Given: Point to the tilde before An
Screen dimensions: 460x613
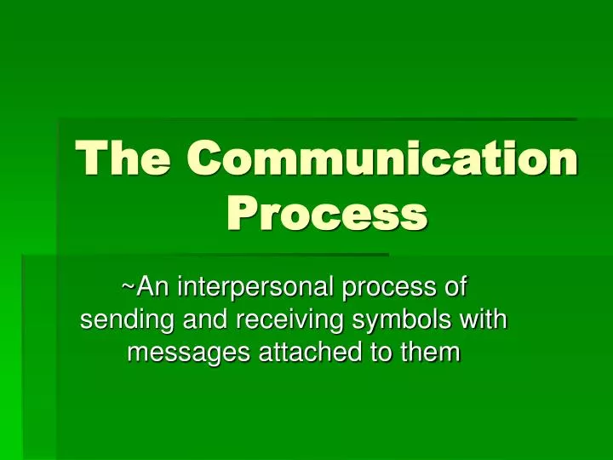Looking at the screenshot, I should pos(128,287).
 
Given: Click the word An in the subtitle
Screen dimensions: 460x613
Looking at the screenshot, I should pos(152,287).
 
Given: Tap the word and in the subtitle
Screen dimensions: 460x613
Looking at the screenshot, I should pos(202,320).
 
